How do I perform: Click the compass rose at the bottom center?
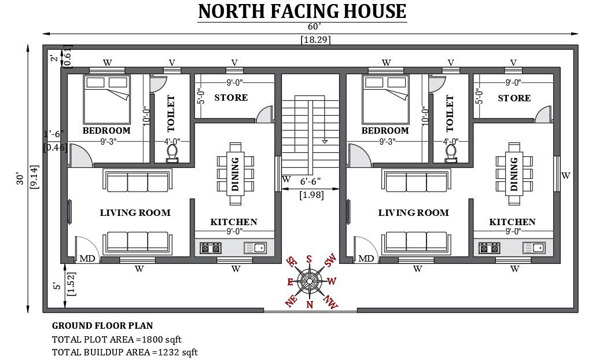(310, 281)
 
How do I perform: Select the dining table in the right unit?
(514, 174)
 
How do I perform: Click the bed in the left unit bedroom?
(107, 100)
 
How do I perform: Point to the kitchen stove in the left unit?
(210, 248)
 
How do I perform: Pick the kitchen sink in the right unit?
(534, 248)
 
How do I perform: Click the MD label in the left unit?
(87, 259)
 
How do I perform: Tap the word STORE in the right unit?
(514, 98)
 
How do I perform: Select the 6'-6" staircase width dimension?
(310, 182)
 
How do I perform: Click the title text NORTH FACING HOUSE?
(303, 12)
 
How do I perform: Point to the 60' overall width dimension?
(314, 27)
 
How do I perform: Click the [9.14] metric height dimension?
(34, 177)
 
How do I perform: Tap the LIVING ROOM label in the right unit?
(414, 212)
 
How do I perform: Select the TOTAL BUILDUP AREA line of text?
(125, 352)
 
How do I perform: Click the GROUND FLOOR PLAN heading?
(102, 326)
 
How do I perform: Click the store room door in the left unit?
(264, 114)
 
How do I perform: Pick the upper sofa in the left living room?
(137, 180)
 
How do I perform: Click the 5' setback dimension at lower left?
(57, 286)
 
